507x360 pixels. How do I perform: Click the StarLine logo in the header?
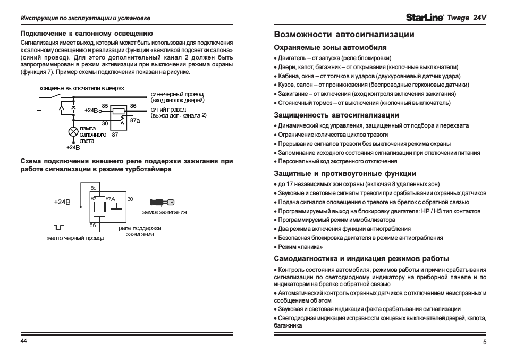click(425, 18)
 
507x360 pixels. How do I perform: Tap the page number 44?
click(23, 340)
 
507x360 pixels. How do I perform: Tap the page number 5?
click(485, 341)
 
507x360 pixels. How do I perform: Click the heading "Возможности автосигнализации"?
click(344, 35)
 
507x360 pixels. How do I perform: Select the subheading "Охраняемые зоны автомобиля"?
click(329, 47)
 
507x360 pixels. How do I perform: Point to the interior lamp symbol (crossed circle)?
click(73, 131)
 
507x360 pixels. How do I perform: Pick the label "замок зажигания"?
click(165, 212)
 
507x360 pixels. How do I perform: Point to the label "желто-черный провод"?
click(75, 238)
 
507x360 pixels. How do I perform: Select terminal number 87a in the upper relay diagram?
click(135, 121)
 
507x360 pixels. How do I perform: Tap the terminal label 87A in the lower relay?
click(111, 198)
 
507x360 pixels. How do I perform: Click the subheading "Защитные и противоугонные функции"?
click(344, 173)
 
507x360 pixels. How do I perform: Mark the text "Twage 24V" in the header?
click(467, 18)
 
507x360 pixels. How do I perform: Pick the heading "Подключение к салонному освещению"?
click(87, 33)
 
